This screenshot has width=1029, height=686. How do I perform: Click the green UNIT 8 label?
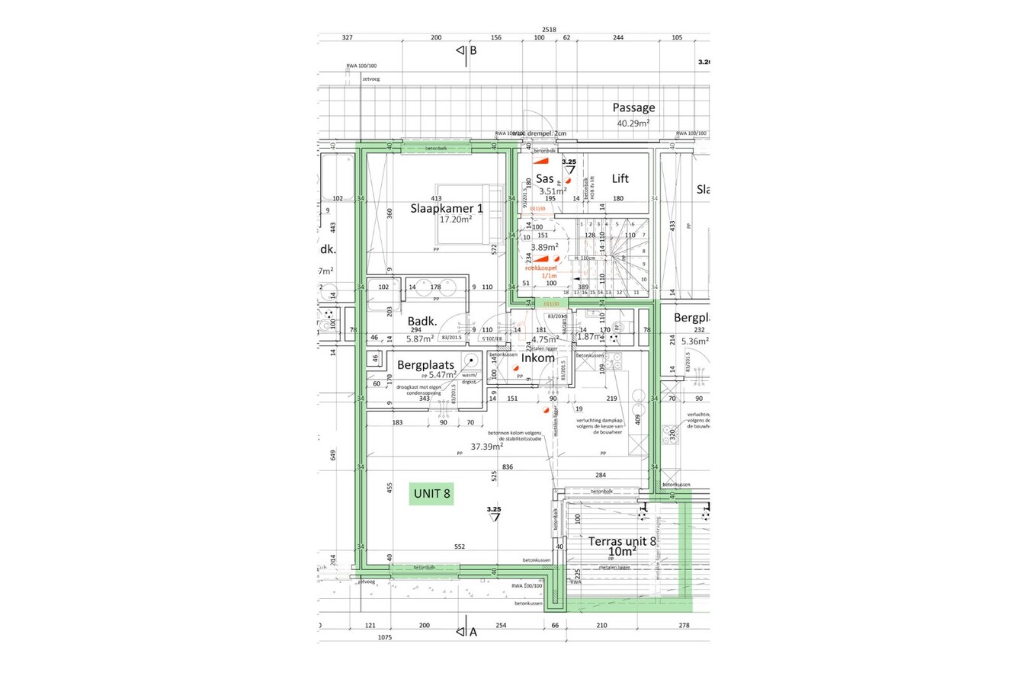431,494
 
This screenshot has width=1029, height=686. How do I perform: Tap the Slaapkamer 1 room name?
446,208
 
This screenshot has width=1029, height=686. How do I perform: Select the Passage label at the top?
633,107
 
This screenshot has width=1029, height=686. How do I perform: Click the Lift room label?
620,178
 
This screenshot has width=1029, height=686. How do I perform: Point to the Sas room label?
544,178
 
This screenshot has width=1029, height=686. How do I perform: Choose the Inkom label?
537,357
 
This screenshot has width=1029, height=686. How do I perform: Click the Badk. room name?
422,322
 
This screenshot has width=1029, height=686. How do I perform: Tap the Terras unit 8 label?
622,541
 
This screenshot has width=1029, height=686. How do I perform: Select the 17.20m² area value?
455,220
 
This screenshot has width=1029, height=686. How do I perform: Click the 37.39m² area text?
486,447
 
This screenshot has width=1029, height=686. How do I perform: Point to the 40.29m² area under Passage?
633,123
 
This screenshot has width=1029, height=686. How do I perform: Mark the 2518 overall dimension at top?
549,30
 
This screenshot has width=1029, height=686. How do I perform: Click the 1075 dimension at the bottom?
384,637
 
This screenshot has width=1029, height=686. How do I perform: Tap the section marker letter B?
473,50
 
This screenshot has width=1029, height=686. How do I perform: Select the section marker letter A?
473,632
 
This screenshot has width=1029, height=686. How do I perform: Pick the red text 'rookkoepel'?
540,268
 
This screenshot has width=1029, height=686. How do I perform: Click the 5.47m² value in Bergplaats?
442,375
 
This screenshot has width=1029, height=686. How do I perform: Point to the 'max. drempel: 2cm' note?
540,133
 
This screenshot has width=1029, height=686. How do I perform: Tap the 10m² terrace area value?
622,552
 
